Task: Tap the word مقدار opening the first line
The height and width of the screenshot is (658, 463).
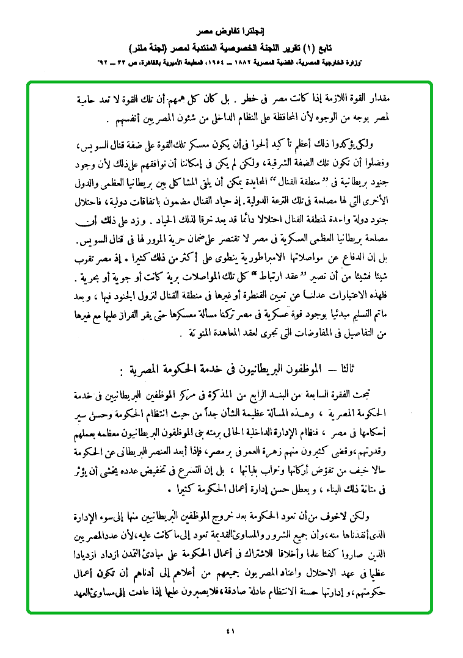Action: click(384, 98)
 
